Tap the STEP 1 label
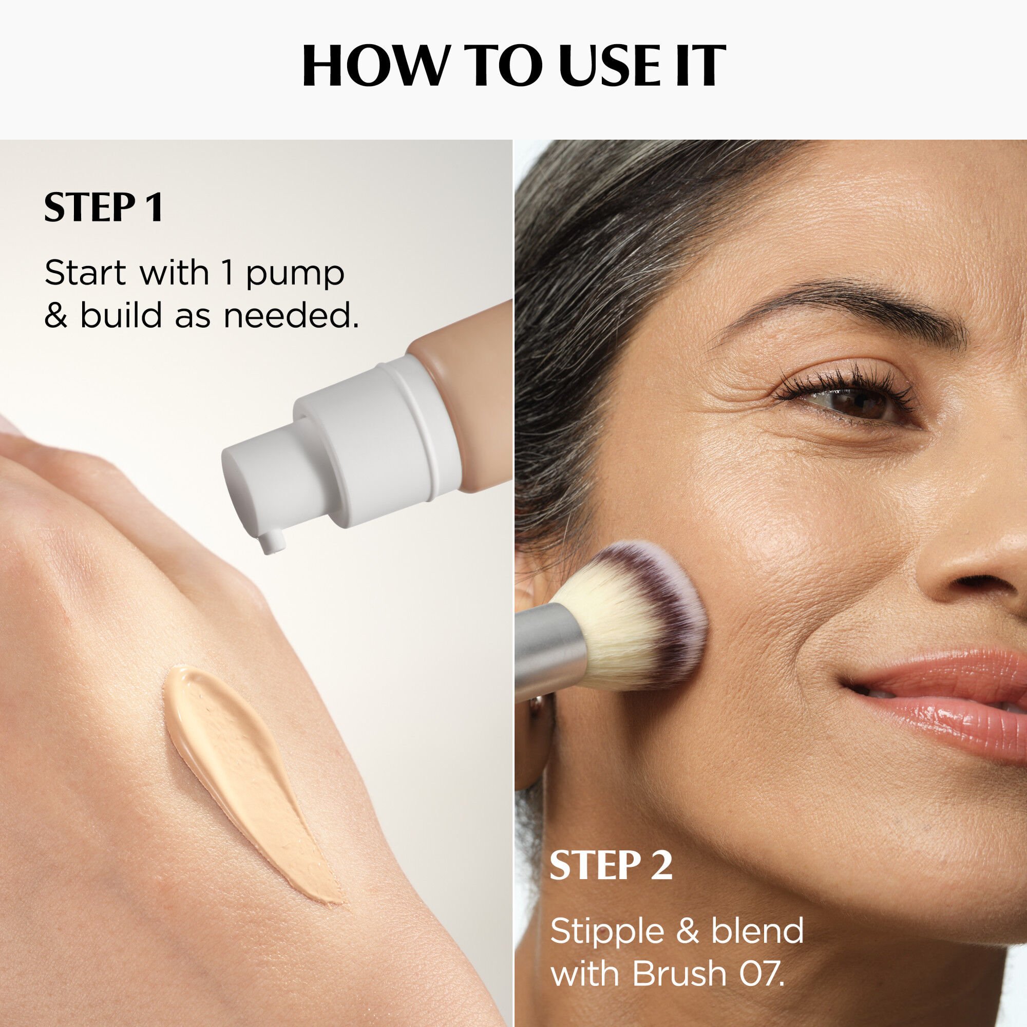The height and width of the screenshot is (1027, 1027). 103,208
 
